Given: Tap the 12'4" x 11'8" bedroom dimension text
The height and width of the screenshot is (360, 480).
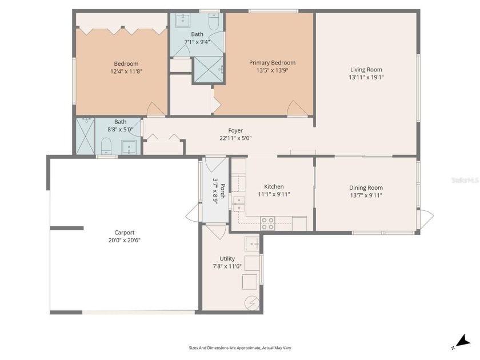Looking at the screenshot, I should tap(126, 71).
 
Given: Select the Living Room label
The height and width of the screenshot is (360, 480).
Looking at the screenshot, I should tap(366, 70).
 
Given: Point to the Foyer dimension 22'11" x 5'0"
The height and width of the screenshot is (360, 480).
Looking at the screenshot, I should tap(235, 138).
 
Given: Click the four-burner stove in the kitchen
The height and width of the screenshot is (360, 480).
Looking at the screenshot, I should tap(267, 223).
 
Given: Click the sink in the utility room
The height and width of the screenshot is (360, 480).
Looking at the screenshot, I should tap(251, 245).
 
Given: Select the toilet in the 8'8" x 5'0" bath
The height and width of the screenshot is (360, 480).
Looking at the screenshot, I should tap(106, 146).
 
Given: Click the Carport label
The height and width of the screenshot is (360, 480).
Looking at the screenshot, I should tap(125, 233).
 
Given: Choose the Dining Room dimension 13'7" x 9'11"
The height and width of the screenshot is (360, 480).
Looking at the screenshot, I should tap(366, 195).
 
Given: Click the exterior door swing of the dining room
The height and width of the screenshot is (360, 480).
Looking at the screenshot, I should tap(426, 218).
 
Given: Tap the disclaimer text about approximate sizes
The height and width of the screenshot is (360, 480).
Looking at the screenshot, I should tap(239, 347).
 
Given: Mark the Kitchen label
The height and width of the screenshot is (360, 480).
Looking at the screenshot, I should tap(274, 186).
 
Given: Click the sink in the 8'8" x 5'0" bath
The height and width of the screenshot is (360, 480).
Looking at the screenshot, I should tap(130, 147).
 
